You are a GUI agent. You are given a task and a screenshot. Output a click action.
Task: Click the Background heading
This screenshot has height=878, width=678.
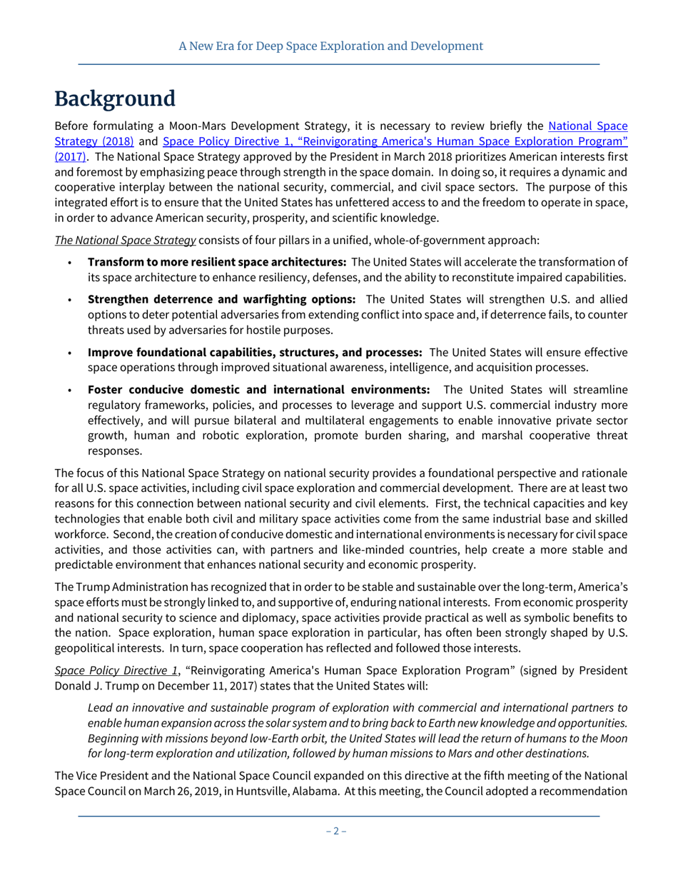pyautogui.click(x=115, y=99)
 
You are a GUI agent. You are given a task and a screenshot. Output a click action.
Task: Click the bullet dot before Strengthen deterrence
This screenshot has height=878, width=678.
pyautogui.click(x=69, y=299)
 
